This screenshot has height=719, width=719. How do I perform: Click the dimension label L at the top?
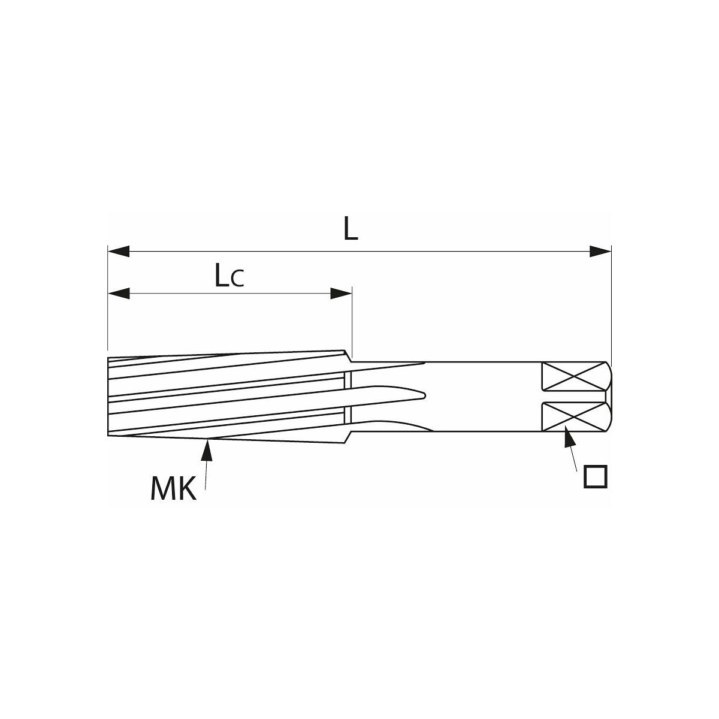(351, 228)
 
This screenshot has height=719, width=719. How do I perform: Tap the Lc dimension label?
(229, 275)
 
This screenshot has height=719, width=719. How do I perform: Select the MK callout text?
(173, 489)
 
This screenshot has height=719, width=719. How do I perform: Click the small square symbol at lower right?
(596, 476)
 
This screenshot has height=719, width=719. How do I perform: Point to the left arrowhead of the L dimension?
(119, 251)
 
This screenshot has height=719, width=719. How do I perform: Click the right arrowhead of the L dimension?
(600, 251)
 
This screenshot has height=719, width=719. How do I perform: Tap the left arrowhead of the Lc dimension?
(119, 293)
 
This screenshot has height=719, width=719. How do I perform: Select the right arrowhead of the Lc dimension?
(341, 293)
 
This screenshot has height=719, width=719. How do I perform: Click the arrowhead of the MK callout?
(208, 451)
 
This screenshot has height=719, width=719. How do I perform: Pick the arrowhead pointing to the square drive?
(569, 437)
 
